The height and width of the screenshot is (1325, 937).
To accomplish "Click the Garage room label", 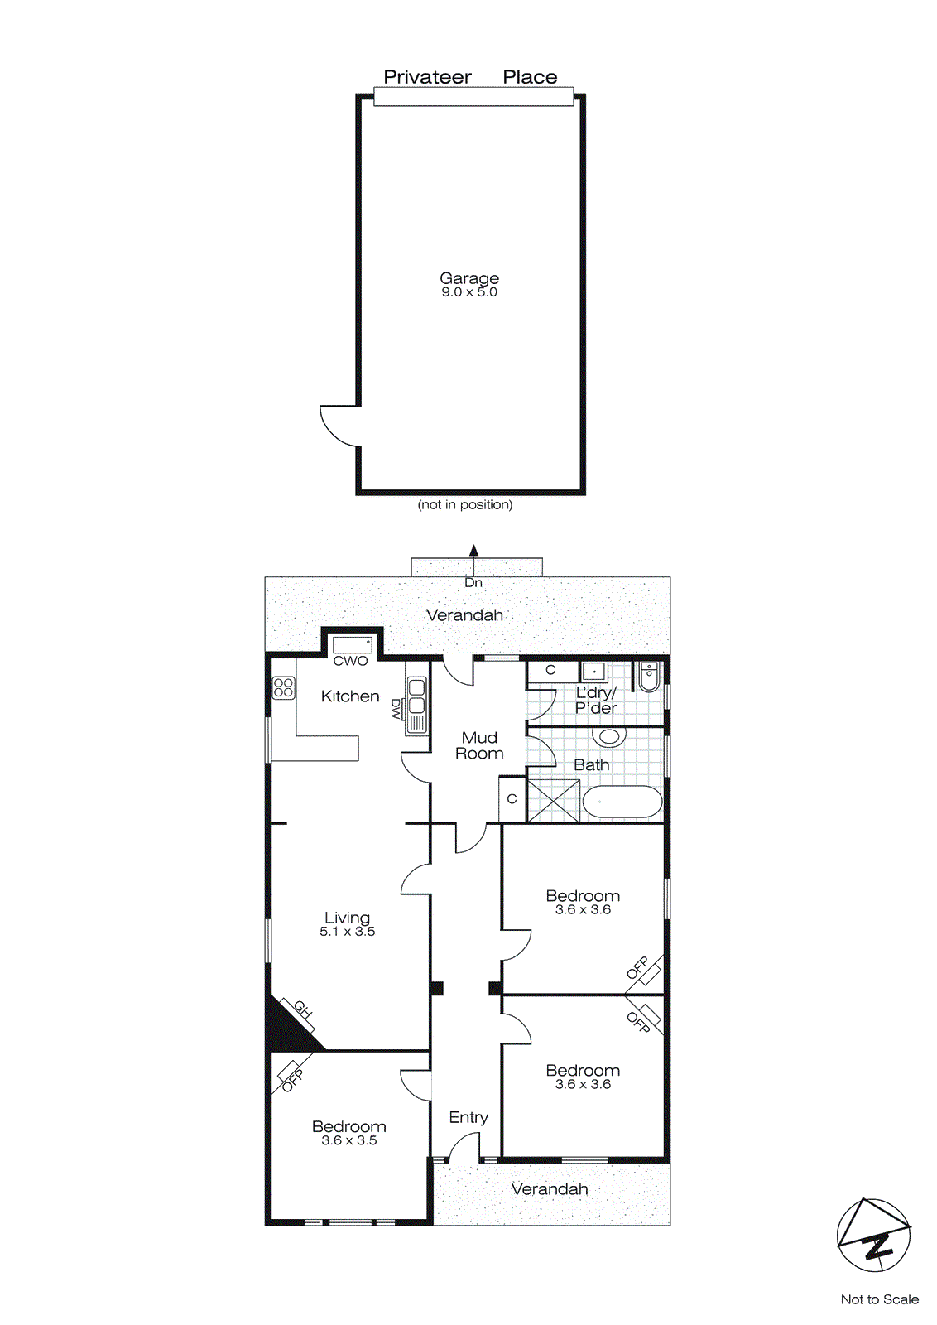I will coord(468,278).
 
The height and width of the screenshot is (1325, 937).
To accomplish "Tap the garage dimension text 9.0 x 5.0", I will coord(468,292).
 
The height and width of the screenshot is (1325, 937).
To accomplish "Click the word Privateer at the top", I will coord(427,77).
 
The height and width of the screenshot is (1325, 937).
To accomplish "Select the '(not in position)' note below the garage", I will coord(464,504).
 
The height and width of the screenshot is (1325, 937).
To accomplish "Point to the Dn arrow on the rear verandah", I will coord(473,551).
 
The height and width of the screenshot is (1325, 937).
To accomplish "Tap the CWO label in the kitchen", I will coord(350,661).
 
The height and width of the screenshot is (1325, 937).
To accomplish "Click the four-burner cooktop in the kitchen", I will coord(283,687).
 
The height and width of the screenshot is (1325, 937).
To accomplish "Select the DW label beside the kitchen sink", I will coord(396,708).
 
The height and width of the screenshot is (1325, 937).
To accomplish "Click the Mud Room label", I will coord(479,745).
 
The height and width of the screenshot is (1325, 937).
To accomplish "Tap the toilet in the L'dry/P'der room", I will coord(649,677).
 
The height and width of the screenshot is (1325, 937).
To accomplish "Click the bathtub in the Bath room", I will coord(622,802).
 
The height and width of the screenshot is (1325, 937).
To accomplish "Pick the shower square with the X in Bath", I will coord(554,799).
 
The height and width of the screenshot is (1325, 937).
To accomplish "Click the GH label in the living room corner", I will coord(302,1010).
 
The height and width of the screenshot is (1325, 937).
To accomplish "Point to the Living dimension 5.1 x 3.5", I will coord(347,932).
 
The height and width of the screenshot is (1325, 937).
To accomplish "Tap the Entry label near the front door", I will coord(468,1117).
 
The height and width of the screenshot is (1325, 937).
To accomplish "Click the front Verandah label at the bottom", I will coord(549,1189).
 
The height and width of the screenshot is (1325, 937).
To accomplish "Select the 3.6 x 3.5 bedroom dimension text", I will coord(348,1140).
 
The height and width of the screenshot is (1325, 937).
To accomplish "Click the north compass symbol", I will coord(873,1235).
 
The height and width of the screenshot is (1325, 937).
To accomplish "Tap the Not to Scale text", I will coord(879,1299).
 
